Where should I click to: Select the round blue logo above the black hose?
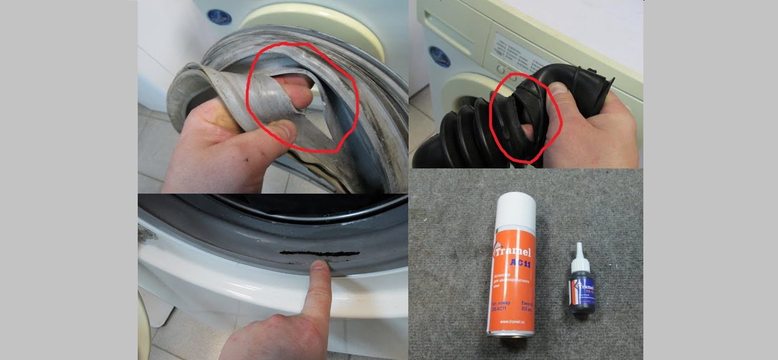(439, 56)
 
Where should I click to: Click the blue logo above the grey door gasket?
(219, 15)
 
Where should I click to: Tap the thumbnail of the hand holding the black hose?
(559, 89)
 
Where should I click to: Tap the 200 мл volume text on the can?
(526, 309)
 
